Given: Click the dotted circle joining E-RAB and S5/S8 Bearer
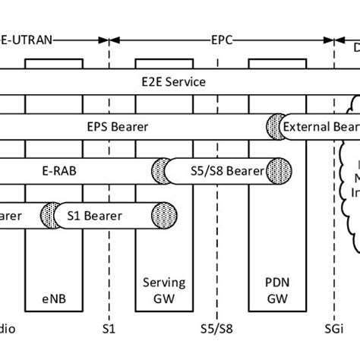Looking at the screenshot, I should coord(161,169).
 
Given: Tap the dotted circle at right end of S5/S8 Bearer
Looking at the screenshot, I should coord(282,169).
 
